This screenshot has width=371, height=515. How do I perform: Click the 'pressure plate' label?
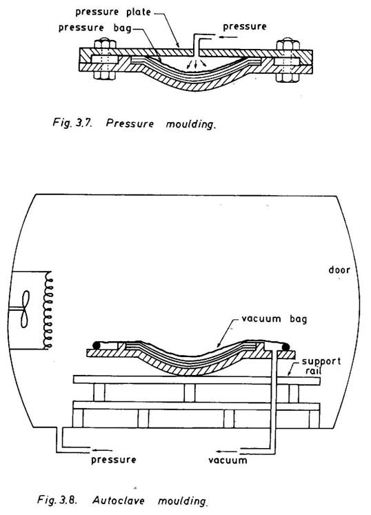click(x=113, y=12)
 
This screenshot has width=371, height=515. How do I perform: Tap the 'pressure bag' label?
click(x=95, y=28)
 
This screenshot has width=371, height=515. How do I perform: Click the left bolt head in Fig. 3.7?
click(x=105, y=43)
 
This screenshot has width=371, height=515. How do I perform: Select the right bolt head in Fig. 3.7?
click(x=288, y=44)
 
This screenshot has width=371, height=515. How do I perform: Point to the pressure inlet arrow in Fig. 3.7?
click(x=228, y=37)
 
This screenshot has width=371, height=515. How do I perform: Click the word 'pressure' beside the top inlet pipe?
click(x=245, y=27)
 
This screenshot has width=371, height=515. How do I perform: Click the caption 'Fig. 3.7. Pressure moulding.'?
click(x=134, y=123)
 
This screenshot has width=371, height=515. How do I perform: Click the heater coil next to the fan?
click(x=48, y=310)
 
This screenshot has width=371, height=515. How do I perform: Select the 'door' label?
click(x=339, y=270)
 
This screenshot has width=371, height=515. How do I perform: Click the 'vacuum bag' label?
click(x=274, y=319)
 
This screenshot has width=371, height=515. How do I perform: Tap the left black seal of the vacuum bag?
click(x=97, y=345)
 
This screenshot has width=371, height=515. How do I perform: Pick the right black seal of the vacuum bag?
click(x=285, y=347)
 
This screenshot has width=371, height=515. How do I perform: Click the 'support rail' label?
click(x=321, y=365)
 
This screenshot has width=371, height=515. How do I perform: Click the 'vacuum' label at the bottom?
click(x=228, y=460)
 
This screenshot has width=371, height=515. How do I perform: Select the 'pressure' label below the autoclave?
click(x=113, y=459)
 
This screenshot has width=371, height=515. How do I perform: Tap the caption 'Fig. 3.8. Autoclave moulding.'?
click(x=123, y=501)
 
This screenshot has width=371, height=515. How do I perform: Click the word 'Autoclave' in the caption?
click(x=119, y=501)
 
